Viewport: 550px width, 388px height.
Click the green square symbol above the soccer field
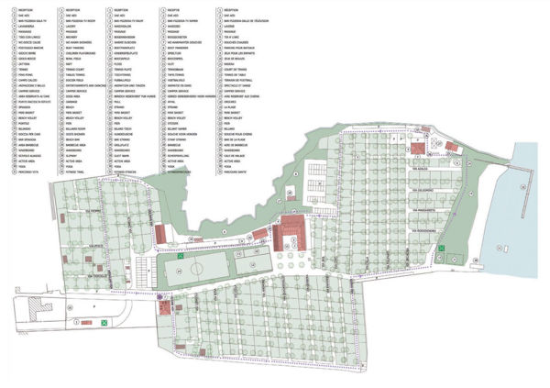182,258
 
